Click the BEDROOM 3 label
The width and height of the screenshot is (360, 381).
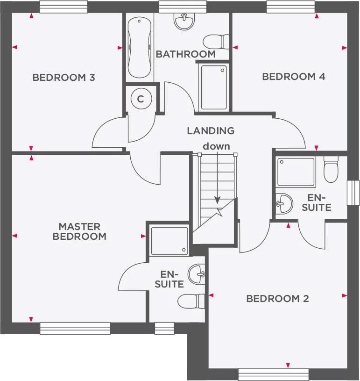click(64, 78)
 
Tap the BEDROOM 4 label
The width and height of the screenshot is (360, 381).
click(293, 77)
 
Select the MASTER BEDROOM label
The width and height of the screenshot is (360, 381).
click(79, 231)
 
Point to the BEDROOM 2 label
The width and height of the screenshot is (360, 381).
click(277, 298)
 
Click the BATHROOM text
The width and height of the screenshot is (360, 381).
click(185, 54)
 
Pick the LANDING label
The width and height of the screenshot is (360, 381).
click(211, 131)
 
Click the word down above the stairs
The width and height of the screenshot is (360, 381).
click(216, 146)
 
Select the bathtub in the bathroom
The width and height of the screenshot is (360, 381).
click(140, 48)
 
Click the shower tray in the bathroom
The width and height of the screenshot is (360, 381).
click(213, 87)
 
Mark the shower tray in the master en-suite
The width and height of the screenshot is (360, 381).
click(169, 241)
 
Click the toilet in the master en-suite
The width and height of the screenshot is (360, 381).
click(192, 301)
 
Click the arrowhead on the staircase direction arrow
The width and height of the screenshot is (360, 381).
click(217, 200)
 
